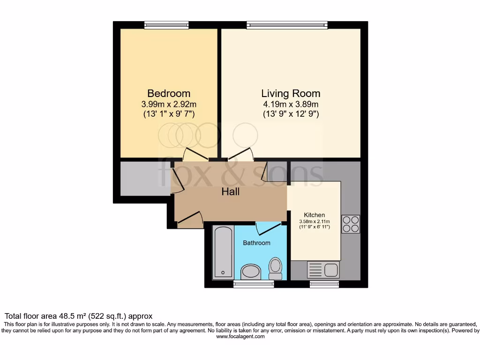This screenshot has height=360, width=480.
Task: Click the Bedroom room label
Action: (169, 93)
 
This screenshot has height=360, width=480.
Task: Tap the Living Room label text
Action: (291, 93)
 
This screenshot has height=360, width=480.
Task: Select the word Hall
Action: (231, 192)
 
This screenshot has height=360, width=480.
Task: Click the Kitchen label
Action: (314, 215)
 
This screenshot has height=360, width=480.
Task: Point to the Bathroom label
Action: (256, 243)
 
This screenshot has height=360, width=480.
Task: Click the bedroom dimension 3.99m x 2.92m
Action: (169, 104)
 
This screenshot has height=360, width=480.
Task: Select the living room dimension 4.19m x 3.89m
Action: (291, 104)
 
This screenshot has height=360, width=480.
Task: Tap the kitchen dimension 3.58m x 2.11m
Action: (315, 221)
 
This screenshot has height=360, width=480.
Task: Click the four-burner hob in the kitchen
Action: (351, 224)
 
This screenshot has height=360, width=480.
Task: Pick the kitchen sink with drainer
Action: (322, 270)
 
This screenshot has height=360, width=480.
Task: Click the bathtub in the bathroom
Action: (223, 252)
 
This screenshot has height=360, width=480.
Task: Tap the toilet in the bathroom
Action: (276, 268)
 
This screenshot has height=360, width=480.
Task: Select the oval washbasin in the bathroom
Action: (251, 271)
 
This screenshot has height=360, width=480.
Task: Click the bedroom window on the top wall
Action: (166, 25)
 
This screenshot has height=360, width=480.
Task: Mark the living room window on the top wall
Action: (287, 25)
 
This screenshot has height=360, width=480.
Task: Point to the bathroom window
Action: (254, 284)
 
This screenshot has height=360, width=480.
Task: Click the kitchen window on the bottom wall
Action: (324, 284)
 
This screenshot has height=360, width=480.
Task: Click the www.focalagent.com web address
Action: (240, 337)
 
